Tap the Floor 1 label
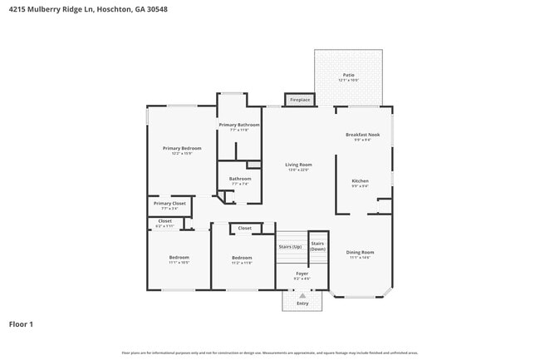pyautogui.click(x=21, y=324)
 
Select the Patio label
pyautogui.click(x=348, y=75)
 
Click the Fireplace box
pyautogui.click(x=299, y=100)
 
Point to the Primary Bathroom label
pyautogui.click(x=239, y=125)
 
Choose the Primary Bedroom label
pyautogui.click(x=182, y=148)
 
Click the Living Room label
pyautogui.click(x=298, y=165)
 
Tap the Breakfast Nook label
pyautogui.click(x=363, y=135)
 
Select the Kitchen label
pyautogui.click(x=360, y=180)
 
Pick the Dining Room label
pyautogui.click(x=360, y=252)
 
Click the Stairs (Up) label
pyautogui.click(x=290, y=246)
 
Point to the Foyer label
pyautogui.click(x=302, y=273)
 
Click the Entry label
pyautogui.click(x=302, y=303)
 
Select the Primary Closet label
pyautogui.click(x=169, y=203)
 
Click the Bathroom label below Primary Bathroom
pyautogui.click(x=240, y=178)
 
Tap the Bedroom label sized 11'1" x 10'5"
pyautogui.click(x=179, y=257)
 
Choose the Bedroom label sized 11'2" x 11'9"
pyautogui.click(x=242, y=257)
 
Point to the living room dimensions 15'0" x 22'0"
pyautogui.click(x=298, y=170)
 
